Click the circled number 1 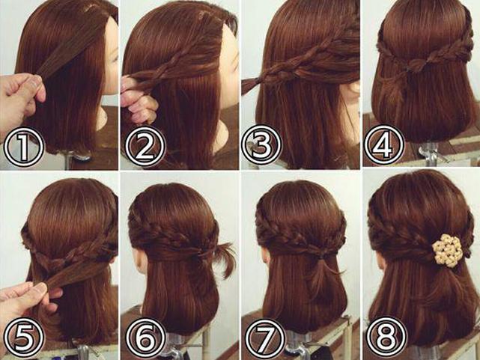[x=23, y=146]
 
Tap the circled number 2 [x=145, y=146]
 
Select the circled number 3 [x=261, y=145]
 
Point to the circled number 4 [x=384, y=145]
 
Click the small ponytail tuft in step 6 [x=225, y=258]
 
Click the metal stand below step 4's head [x=428, y=152]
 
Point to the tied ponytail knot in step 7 [x=322, y=254]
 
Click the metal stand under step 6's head [x=177, y=347]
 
